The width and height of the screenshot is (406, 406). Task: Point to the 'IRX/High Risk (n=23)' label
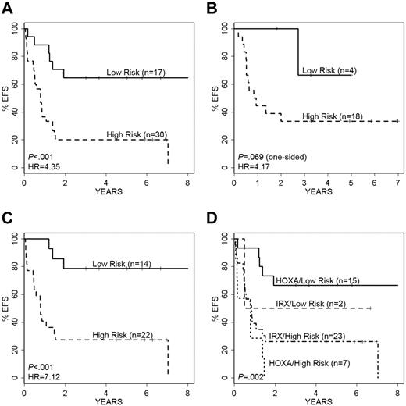pyautogui.click(x=320, y=336)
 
